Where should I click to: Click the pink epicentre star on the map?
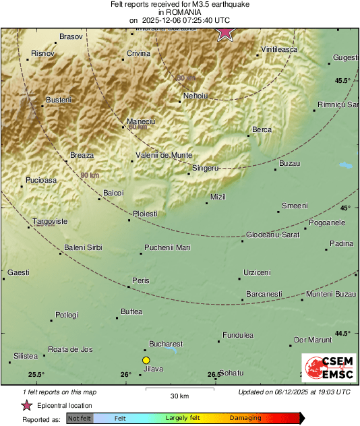point(224,33)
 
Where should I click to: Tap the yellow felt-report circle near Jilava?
point(146,361)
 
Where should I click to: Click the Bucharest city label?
point(166,343)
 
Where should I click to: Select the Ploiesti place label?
point(146,214)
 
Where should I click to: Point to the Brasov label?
point(70,36)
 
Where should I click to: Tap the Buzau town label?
point(289,164)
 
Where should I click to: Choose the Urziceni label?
point(257,272)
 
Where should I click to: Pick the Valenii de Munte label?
point(164,155)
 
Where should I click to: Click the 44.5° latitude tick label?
point(343,333)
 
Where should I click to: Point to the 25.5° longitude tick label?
point(36,375)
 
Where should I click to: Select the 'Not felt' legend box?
point(80,419)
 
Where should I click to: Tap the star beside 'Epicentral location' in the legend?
point(27,405)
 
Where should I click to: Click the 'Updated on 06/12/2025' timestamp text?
point(294,392)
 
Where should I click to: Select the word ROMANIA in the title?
point(179,12)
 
